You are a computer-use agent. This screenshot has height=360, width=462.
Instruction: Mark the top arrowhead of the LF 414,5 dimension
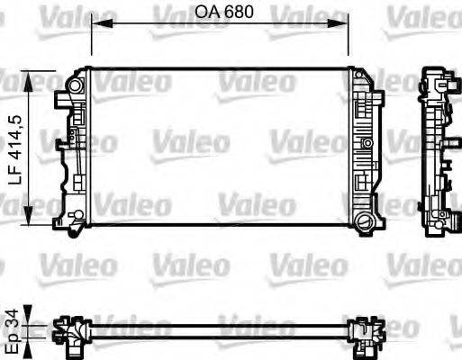coord(33,76)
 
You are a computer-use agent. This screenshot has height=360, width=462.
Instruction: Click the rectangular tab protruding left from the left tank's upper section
coord(60,141)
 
